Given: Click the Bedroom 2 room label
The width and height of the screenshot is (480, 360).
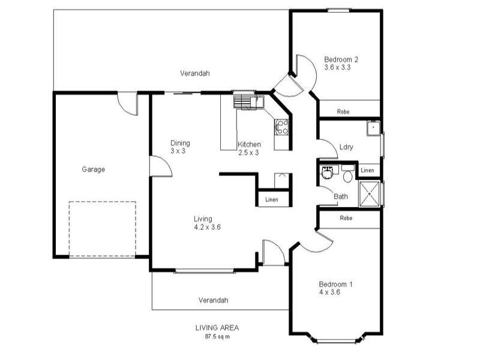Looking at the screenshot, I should (x=341, y=59).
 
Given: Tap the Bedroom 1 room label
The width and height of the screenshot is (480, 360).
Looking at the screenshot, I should (x=335, y=284).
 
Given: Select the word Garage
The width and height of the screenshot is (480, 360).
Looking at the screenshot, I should (x=94, y=169).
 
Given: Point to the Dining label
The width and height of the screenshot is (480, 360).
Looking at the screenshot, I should (x=180, y=143).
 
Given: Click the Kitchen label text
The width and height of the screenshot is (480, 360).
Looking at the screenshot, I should (x=249, y=145).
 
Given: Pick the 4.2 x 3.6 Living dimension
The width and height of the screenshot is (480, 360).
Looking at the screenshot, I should (x=208, y=227).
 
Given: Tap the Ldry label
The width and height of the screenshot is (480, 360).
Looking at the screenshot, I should (x=346, y=147).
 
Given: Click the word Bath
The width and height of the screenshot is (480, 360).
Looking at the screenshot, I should (x=341, y=196).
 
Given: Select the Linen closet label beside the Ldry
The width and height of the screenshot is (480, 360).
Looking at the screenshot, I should (x=367, y=171).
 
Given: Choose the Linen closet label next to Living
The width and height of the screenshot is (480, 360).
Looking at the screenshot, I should (x=272, y=199).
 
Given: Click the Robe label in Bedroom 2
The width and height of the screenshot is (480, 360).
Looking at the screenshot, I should (x=343, y=112).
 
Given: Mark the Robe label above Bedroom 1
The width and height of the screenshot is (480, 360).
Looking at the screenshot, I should (x=346, y=218).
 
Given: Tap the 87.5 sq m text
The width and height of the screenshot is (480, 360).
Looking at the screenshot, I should (x=217, y=337).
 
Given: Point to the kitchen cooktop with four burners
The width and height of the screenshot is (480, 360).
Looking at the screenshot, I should (x=281, y=126).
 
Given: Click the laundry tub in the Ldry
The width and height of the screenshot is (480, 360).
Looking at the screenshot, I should (x=373, y=127).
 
